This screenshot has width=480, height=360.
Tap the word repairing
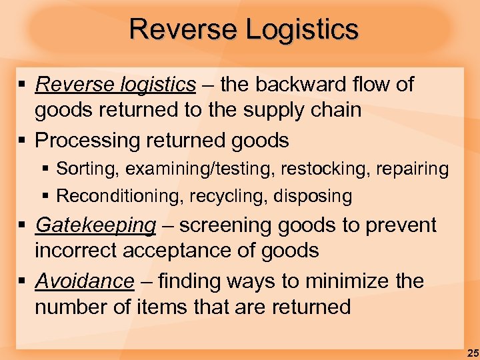click(x=413, y=169)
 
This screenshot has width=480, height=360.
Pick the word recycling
click(x=220, y=196)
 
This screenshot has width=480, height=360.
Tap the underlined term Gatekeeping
click(x=95, y=225)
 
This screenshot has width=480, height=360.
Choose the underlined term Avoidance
click(x=85, y=281)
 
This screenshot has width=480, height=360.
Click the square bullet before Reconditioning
click(x=47, y=196)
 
